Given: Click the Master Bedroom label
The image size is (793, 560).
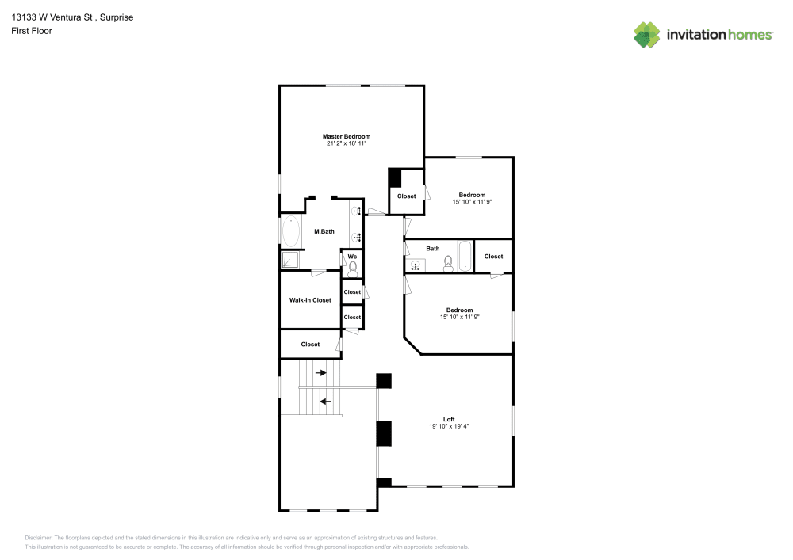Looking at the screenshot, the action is click(347, 136).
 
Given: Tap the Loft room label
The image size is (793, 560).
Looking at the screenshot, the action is click(449, 419).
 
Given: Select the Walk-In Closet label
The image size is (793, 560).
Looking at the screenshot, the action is click(310, 300).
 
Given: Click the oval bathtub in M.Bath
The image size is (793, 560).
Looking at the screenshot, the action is click(291, 231).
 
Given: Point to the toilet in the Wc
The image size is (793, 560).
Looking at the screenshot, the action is click(353, 268).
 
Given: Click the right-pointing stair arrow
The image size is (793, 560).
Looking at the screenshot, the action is click(320, 373).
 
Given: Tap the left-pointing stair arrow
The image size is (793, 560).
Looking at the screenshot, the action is click(324, 402).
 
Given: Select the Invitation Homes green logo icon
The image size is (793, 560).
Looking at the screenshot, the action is click(647, 35).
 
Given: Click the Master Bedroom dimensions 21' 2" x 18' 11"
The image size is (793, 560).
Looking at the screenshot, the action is click(347, 143).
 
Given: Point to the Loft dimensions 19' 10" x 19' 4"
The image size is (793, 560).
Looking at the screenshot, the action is click(449, 426).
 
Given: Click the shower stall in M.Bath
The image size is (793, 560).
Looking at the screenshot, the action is click(289, 260).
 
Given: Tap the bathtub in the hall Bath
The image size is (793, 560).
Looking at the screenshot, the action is click(465, 256).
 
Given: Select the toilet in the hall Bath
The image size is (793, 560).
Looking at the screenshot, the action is click(448, 264).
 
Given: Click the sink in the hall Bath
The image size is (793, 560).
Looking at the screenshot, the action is click(416, 265).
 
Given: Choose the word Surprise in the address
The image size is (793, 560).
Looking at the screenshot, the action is click(117, 17).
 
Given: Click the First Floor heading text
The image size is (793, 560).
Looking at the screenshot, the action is click(32, 31).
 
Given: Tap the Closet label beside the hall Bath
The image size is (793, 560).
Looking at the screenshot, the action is click(493, 257).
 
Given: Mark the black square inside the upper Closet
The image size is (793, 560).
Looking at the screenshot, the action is click(394, 178).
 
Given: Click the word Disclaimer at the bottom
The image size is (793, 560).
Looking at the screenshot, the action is click(38, 538).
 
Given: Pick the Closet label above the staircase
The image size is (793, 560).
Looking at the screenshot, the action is click(310, 345).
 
